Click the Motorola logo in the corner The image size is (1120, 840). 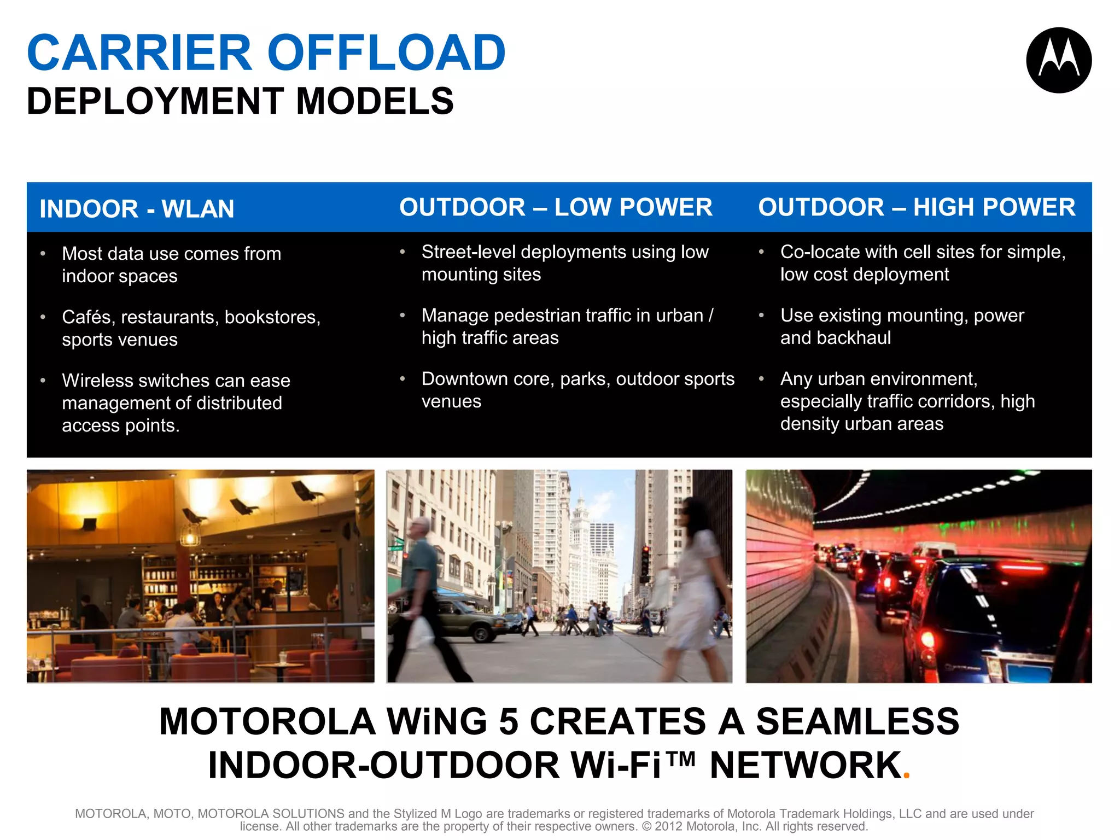pos(1059,60)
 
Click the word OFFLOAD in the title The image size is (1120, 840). pos(386,53)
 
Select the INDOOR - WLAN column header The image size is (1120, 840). pos(137,209)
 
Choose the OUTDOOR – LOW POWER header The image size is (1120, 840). pos(556,207)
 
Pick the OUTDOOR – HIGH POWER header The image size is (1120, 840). pos(917,207)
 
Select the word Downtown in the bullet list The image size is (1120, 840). pos(460,379)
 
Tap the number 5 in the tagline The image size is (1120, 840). pos(509,722)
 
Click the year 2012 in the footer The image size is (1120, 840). pos(668,826)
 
